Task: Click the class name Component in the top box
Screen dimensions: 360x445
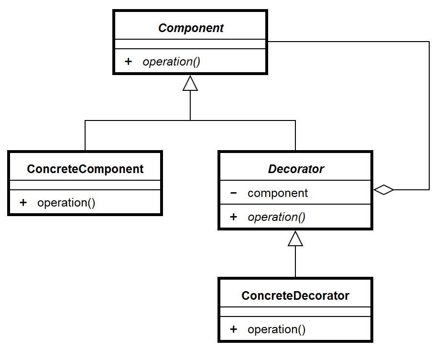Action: [x=191, y=28]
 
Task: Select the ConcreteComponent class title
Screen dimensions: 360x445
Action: [x=85, y=169]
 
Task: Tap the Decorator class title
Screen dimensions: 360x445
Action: [x=296, y=169]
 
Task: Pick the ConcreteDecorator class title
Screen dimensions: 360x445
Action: [x=295, y=295]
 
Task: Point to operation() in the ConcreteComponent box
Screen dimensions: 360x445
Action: [x=66, y=203]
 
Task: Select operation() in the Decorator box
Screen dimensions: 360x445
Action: [x=276, y=217]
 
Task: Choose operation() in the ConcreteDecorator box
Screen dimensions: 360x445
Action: [x=276, y=329]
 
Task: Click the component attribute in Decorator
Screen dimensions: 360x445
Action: [x=278, y=193]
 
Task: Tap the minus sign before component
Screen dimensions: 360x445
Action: [x=233, y=193]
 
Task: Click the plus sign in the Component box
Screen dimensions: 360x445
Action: [x=128, y=62]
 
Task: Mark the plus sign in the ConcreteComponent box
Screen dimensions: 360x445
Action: [x=23, y=203]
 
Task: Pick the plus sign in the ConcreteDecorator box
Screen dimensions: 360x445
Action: [x=233, y=329]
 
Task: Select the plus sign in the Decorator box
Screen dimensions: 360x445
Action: [x=233, y=217]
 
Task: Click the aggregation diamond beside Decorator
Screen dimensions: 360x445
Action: [x=383, y=190]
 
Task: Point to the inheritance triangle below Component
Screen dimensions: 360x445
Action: [x=190, y=84]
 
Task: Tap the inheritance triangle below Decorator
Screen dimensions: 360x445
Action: [x=295, y=239]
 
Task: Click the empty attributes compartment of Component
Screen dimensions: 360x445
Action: [x=190, y=44]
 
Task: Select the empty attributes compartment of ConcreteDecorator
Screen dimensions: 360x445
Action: [x=295, y=312]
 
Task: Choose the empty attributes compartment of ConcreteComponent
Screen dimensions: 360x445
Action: [x=85, y=185]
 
